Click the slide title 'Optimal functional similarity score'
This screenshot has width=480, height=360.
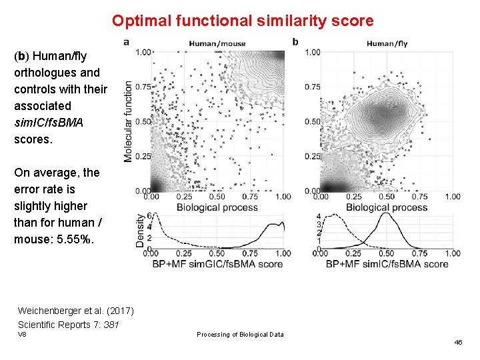[x=243, y=21]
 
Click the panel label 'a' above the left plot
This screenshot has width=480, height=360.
[x=127, y=42]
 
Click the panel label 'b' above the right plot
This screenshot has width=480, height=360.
[x=295, y=42]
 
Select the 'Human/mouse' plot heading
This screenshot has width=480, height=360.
[x=217, y=44]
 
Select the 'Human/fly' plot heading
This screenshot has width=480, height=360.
[x=387, y=44]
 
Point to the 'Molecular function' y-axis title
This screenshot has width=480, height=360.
[x=128, y=121]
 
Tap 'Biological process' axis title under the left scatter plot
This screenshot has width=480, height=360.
[x=217, y=207]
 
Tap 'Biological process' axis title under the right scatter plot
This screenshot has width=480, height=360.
[x=387, y=207]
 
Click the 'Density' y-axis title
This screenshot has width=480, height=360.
[x=141, y=231]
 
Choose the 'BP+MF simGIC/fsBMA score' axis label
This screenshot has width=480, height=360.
[x=217, y=264]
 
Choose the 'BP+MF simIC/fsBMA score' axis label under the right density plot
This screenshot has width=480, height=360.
[x=387, y=264]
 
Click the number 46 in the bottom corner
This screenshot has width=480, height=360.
[x=458, y=342]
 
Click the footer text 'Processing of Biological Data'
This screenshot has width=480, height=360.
[x=240, y=334]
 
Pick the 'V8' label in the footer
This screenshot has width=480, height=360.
[x=22, y=334]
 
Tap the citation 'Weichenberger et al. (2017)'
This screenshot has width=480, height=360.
[x=75, y=311]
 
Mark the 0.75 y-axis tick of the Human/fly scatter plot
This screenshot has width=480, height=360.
[x=312, y=87]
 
